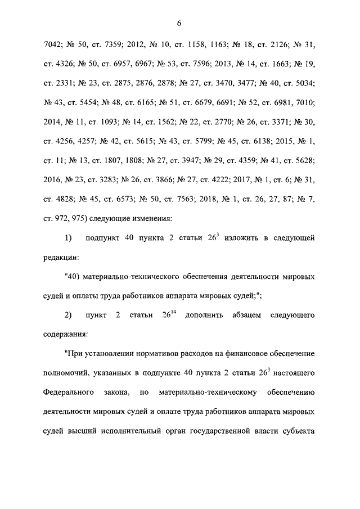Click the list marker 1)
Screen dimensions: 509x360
click(68, 238)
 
